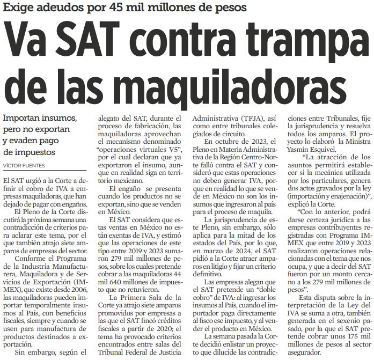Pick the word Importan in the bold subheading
tap(24, 117)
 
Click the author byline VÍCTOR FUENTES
tap(24, 165)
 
